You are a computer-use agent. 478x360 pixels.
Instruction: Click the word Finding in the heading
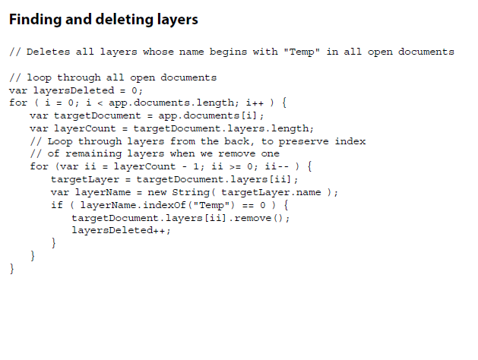pyautogui.click(x=34, y=20)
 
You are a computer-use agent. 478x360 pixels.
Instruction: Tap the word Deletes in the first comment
pyautogui.click(x=47, y=52)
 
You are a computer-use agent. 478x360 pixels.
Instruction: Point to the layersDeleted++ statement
pyautogui.click(x=121, y=231)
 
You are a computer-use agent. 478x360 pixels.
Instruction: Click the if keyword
pyautogui.click(x=56, y=205)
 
